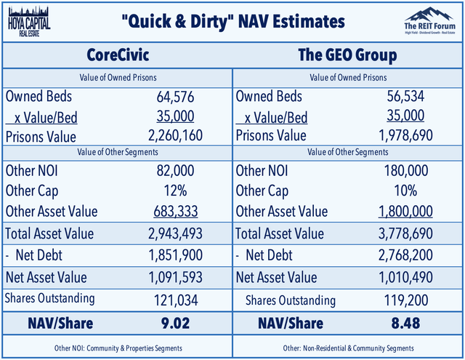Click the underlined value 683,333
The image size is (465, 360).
pyautogui.click(x=177, y=211)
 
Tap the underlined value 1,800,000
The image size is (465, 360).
pyautogui.click(x=406, y=211)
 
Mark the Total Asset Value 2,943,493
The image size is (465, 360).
pyautogui.click(x=173, y=234)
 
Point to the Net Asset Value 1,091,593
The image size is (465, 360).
pyautogui.click(x=173, y=277)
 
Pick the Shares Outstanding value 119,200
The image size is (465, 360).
pyautogui.click(x=411, y=300)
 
